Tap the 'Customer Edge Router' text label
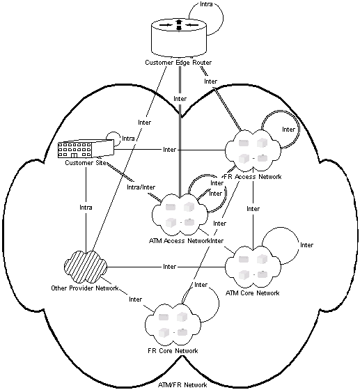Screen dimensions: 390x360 pos(179,63)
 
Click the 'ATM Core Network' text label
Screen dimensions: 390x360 pos(252,293)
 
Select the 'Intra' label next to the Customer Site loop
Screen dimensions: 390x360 pos(128,139)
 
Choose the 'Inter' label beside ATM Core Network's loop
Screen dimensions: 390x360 pos(306,245)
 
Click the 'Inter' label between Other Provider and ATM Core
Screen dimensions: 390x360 pos(169,267)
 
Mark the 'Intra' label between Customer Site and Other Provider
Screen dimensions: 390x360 pos(85,207)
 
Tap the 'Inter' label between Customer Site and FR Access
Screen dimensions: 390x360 pos(169,150)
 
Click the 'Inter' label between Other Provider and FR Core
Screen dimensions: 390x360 pos(135,299)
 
